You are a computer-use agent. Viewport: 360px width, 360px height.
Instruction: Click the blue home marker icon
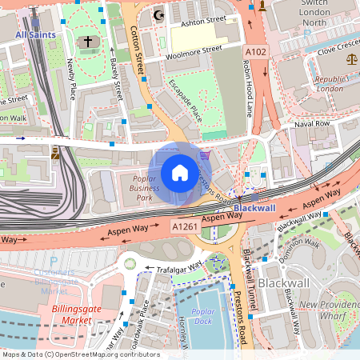coord(180,172)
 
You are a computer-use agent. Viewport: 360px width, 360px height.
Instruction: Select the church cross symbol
coord(87,42)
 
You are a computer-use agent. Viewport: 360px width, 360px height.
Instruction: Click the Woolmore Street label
coord(192,52)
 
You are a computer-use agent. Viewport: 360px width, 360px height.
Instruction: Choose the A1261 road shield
coord(184,228)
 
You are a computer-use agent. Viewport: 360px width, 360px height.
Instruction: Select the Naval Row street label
coord(312,124)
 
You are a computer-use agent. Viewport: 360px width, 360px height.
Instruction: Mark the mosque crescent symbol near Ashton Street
coord(158,14)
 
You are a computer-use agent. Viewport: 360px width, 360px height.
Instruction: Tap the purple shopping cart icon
coord(206,155)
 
